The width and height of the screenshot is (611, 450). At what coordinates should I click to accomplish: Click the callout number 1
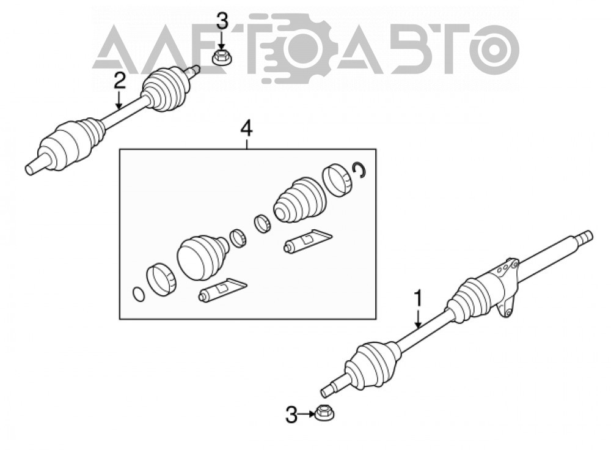point(418,298)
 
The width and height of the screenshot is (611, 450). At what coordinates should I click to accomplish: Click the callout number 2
point(120,81)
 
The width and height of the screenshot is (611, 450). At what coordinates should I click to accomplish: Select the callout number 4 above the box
point(247,128)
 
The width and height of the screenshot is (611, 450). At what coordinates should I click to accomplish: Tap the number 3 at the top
point(222,21)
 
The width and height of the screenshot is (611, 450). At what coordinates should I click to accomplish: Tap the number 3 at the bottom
point(291,415)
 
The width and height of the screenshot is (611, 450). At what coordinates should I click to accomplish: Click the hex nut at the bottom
point(323,413)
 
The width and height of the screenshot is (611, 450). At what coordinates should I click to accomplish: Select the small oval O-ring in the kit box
point(139,294)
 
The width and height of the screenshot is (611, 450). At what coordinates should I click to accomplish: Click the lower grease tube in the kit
point(222,289)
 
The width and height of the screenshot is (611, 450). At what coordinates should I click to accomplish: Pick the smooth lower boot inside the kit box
point(202,256)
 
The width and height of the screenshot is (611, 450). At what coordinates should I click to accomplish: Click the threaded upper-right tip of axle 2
point(194,70)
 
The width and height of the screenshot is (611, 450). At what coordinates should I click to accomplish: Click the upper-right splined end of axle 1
point(584,237)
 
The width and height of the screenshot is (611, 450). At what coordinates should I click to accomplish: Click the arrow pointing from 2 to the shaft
point(120,99)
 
